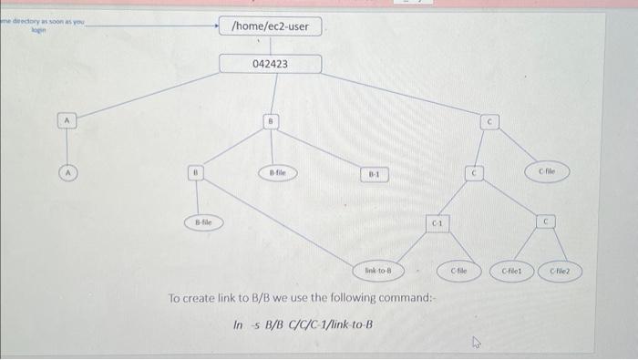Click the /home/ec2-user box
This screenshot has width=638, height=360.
tap(270, 26)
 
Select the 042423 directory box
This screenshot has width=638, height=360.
tap(270, 64)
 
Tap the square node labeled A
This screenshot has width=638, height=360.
tap(66, 120)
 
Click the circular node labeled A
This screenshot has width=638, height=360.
tap(66, 170)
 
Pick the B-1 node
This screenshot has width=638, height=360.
tap(375, 172)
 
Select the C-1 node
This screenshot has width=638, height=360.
tap(437, 223)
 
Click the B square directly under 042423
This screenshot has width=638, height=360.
tap(270, 120)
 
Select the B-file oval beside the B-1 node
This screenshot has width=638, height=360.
tap(278, 170)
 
